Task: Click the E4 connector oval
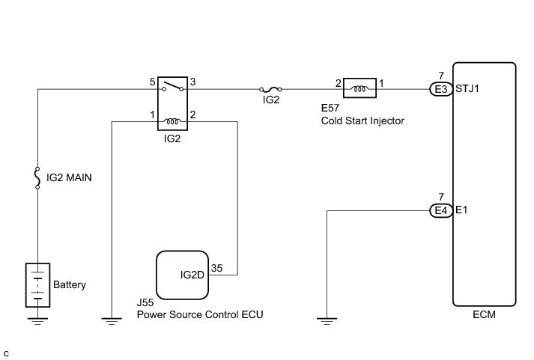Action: (440, 211)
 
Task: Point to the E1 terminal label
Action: (461, 211)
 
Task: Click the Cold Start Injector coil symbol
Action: (361, 90)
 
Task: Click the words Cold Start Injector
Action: (362, 120)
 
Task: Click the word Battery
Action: (70, 285)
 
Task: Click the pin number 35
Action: (217, 266)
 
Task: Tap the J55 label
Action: (145, 303)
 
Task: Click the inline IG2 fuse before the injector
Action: (271, 91)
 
